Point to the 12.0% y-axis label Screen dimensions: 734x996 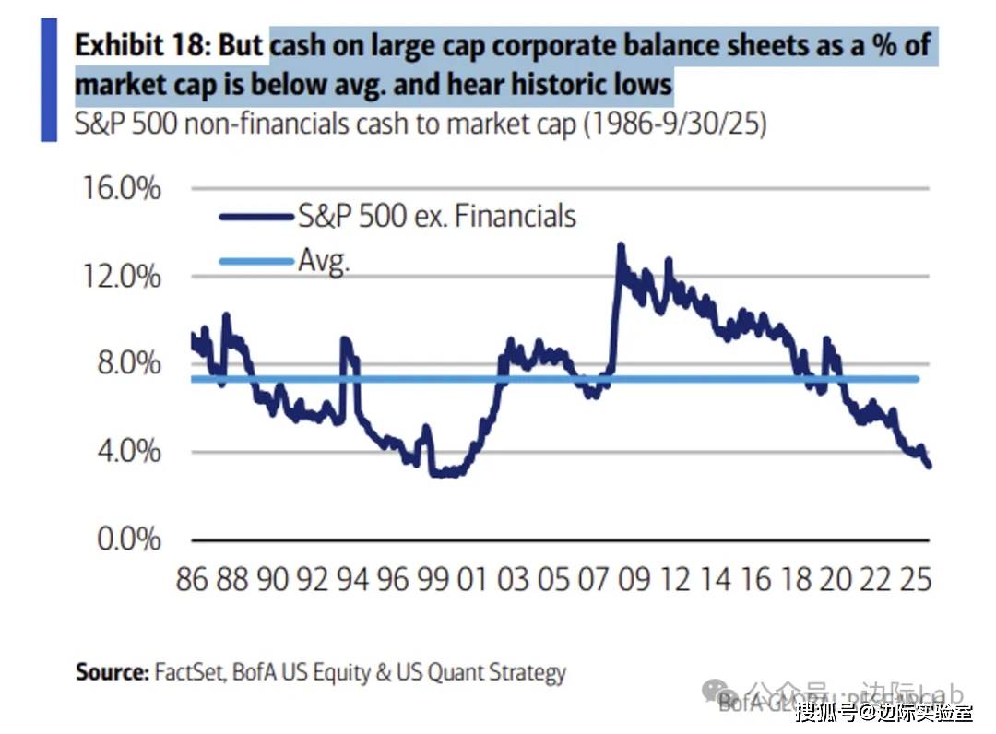(129, 277)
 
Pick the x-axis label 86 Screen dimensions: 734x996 (191, 580)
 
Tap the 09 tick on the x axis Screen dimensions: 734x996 (634, 580)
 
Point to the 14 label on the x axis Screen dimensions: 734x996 (715, 580)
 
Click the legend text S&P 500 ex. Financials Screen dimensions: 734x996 (436, 216)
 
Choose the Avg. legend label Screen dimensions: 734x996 (324, 261)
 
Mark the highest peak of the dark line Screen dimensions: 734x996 (621, 245)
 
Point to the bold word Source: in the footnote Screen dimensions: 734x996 (112, 671)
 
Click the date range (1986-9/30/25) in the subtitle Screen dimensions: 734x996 (674, 124)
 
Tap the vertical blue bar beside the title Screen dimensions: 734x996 (49, 81)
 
